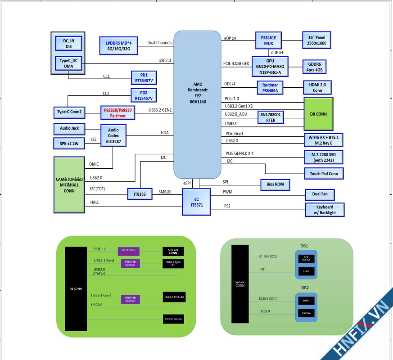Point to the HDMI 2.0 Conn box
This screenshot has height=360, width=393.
[317, 87]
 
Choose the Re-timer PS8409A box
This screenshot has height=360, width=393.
[270, 87]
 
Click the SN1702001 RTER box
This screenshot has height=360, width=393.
[271, 117]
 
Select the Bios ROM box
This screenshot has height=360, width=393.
[275, 184]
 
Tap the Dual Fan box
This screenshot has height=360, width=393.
[320, 194]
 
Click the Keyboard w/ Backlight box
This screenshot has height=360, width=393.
[325, 210]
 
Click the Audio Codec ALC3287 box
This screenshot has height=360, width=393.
[113, 135]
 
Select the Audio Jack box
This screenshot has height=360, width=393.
[69, 129]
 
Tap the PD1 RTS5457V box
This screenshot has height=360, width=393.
[144, 77]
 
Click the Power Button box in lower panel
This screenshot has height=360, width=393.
[173, 319]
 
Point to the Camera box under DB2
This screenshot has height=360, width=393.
[306, 313]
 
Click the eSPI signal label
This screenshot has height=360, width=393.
[187, 184]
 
